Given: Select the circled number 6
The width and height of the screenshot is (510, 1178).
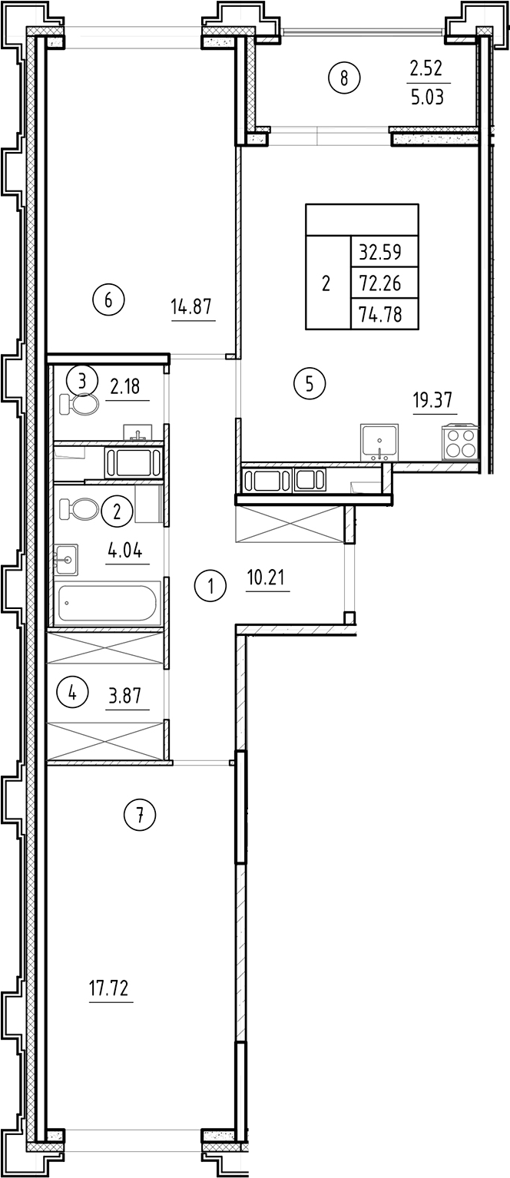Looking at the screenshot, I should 108,299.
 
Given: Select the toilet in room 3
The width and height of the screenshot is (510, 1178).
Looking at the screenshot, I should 79,404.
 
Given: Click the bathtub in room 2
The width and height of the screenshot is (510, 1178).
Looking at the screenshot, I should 108,602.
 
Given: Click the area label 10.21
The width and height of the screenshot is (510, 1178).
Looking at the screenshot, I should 267,577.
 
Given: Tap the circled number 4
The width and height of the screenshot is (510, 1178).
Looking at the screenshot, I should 72,693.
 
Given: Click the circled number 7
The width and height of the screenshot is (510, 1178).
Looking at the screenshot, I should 140,815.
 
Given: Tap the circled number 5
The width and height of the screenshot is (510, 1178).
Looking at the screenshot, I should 310,382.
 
